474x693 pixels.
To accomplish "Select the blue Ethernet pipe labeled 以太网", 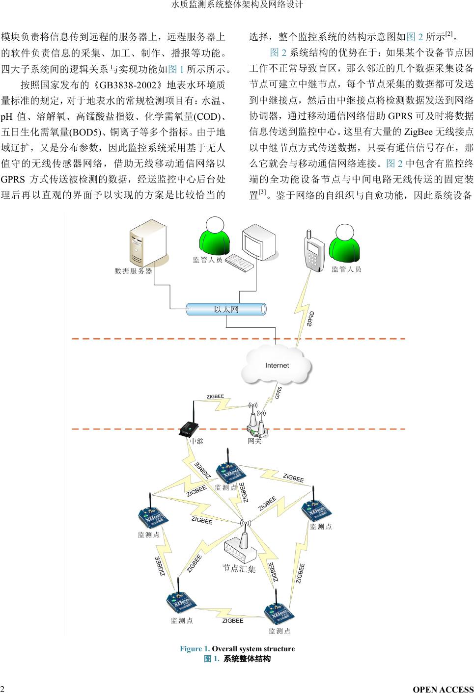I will tap(226, 309).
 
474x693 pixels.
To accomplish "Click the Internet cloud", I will tap(277, 366).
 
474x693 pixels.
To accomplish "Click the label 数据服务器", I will tap(134, 270).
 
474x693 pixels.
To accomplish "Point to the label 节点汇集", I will tap(239, 568).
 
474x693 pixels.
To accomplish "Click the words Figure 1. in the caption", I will tap(195, 649).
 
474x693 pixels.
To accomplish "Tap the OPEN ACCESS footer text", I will tap(443, 689).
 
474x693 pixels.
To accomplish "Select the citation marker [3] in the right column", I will tap(262, 192).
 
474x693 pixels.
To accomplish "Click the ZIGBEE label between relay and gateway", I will tap(215, 397).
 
